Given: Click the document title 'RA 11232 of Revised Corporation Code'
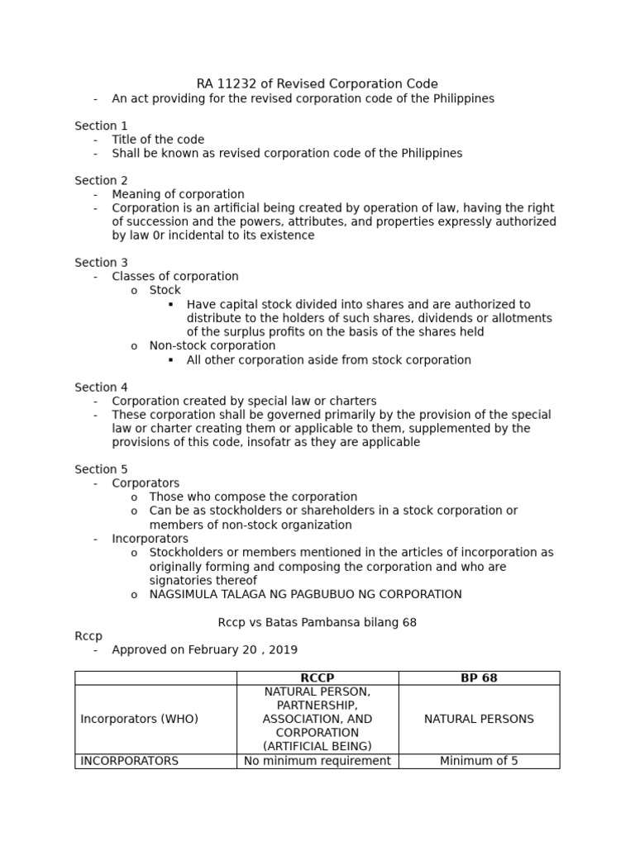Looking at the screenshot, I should pos(317,83).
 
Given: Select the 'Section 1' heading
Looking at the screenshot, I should pos(101,126).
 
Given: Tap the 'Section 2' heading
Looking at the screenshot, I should pos(101,180).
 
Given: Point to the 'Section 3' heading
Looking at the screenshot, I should pos(101,263).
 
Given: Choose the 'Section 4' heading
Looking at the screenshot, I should pos(101,387).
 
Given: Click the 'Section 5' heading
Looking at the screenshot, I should pos(101,469).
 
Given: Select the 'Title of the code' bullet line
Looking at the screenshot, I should pos(158,140).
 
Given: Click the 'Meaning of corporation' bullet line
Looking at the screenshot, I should pos(178,194).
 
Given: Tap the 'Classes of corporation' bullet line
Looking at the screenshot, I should pos(175,277).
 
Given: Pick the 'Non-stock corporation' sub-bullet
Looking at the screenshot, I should pos(212,345).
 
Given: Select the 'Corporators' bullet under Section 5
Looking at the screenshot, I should pos(146,483).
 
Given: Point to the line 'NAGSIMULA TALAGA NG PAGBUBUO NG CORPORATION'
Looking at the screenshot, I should pos(305,594).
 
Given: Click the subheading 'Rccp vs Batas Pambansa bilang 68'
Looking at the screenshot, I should pos(317,622).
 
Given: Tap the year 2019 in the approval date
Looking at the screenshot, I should pos(284,649).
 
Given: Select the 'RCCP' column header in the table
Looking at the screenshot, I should pos(317,677).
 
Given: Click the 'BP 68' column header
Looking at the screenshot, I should pos(479,677).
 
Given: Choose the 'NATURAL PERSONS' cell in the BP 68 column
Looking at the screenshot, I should pos(479,719).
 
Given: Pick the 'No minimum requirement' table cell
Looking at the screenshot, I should pos(317,761).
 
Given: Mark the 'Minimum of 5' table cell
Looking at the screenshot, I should pos(479,761).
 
